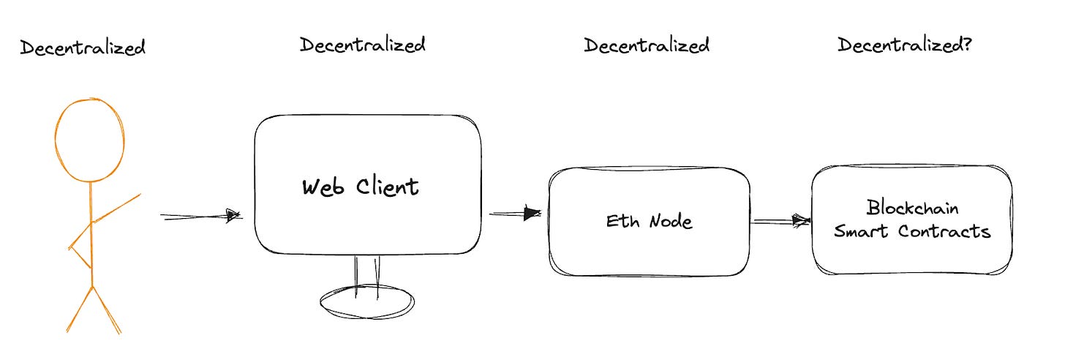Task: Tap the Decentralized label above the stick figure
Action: point(83,48)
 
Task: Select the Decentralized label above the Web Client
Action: point(362,45)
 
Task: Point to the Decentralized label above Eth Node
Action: point(646,45)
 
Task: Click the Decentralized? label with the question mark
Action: point(904,45)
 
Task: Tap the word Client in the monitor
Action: point(388,187)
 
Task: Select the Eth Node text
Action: point(649,222)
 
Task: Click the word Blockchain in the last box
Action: point(912,208)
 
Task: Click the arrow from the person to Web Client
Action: point(201,216)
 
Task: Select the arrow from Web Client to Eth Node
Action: point(515,214)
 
